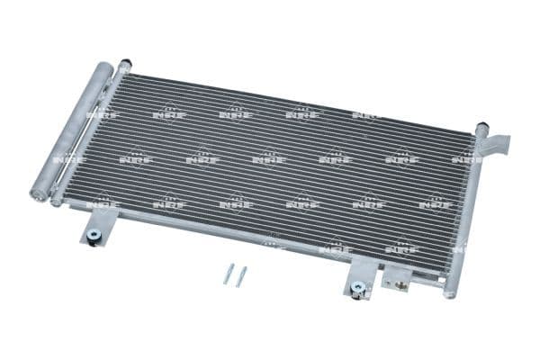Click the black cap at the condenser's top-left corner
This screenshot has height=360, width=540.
124,65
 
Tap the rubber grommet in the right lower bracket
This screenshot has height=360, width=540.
357,288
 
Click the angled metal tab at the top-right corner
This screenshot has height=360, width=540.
498,143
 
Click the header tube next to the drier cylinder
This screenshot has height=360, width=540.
90,135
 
